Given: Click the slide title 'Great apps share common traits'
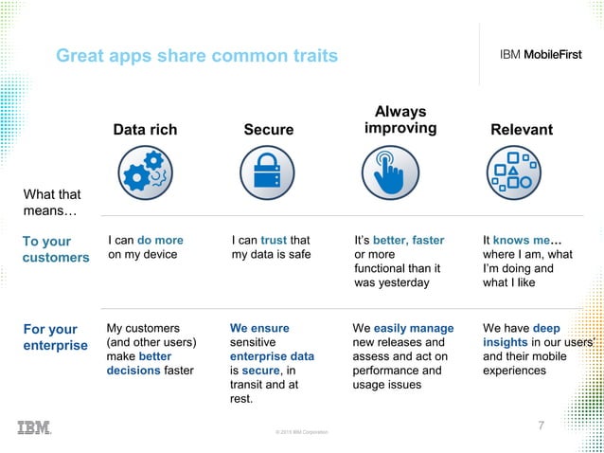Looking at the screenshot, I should tap(196, 57).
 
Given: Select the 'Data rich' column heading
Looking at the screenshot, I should tap(145, 130).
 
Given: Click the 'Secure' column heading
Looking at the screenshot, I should tap(269, 130).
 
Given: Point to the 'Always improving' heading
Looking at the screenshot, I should tap(400, 119).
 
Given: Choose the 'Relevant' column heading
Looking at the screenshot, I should tap(522, 130).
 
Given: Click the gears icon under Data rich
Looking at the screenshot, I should tap(145, 173).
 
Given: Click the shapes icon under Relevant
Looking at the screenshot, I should tap(513, 173).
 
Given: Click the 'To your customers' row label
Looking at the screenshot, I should tap(54, 249).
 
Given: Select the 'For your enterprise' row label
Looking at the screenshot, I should tap(54, 337).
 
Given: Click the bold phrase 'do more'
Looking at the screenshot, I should tap(160, 241).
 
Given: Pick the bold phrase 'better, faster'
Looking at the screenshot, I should tap(408, 241).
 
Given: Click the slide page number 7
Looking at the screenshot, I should tap(542, 426).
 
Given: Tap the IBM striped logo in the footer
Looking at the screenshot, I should tap(34, 427).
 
